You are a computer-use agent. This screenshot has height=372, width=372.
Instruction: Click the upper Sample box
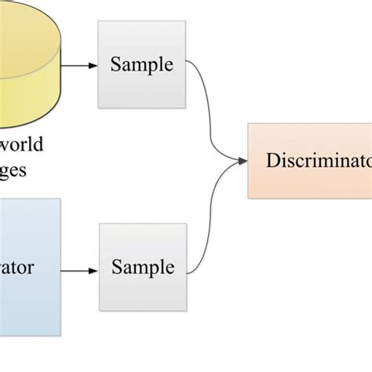tap(141, 64)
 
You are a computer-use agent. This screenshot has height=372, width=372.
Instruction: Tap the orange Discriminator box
tap(309, 161)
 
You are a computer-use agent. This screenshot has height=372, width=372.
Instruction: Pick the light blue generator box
tap(29, 267)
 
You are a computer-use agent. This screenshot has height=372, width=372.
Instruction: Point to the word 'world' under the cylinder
tap(23, 144)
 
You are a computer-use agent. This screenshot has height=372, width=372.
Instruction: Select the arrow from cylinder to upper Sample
tap(78, 65)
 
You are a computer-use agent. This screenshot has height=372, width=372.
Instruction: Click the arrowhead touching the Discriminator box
tap(242, 162)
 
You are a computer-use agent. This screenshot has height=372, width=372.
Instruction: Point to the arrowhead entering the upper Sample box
tap(93, 65)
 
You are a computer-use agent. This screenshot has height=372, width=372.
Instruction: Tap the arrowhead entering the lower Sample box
tap(94, 272)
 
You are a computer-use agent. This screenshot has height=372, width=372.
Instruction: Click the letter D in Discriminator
tap(272, 161)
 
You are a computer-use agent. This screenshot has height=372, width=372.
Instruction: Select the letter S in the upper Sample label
tap(115, 64)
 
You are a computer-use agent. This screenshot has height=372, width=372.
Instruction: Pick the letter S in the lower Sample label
tap(116, 267)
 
